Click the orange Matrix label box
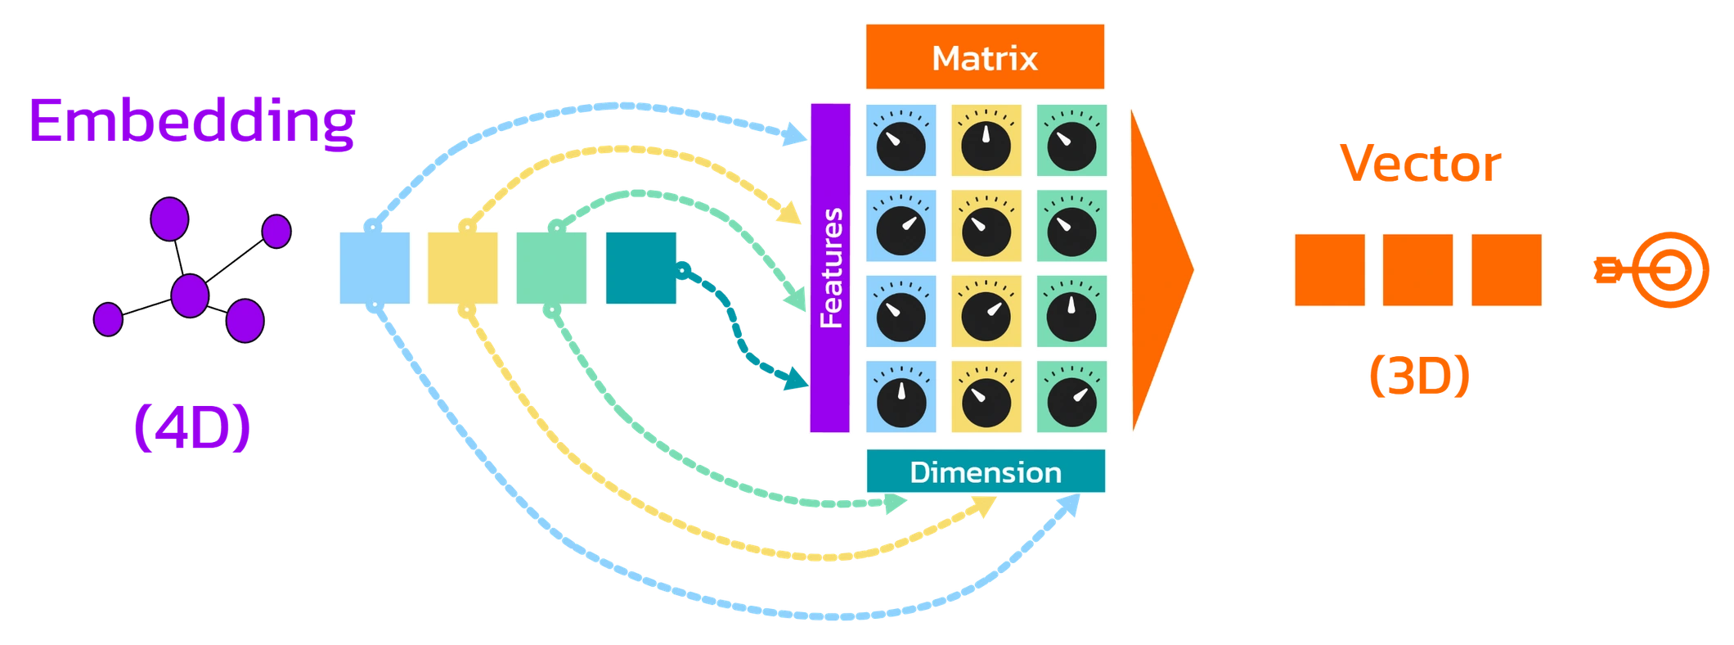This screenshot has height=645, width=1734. coord(985,57)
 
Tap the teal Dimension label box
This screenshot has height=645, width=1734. coord(985,472)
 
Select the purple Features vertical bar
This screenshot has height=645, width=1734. coord(830,268)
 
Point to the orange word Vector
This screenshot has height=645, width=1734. coord(1422,164)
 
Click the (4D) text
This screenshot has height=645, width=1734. coord(191,428)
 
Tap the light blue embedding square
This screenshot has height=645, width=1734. coord(375,268)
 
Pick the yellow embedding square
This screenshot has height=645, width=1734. coord(463,268)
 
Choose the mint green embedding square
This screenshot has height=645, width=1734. coord(551,268)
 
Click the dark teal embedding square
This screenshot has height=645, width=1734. coord(640,268)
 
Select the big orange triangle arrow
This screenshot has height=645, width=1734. coord(1157,268)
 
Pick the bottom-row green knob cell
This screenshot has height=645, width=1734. coord(1071,397)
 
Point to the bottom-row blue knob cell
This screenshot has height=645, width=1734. coord(901,397)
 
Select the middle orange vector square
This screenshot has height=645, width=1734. coord(1418,270)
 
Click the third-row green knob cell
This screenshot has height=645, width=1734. coord(1071,312)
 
